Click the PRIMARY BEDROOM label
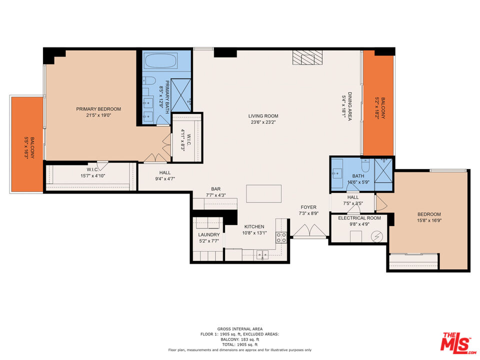point(98,109)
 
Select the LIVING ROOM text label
point(263,116)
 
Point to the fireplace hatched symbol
point(307,58)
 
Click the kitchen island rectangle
point(263,193)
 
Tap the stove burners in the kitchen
point(281,237)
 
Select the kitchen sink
point(262,255)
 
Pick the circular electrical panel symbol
point(378,236)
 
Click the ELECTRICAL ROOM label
point(359,218)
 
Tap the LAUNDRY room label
point(208,234)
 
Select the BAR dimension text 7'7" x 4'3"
point(216,195)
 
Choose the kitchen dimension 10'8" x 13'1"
point(254,232)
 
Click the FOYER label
point(308,207)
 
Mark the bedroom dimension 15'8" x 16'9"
point(429,220)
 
